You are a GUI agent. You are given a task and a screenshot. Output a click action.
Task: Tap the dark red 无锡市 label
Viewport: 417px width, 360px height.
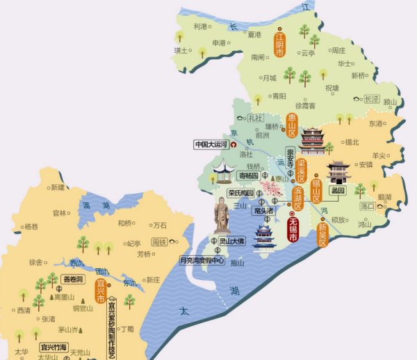293,230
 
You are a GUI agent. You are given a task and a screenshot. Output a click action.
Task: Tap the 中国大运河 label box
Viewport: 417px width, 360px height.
211,145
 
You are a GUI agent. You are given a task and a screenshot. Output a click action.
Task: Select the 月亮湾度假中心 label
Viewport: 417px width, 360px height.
202,261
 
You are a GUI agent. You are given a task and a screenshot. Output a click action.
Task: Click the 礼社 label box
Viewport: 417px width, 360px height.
256,119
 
